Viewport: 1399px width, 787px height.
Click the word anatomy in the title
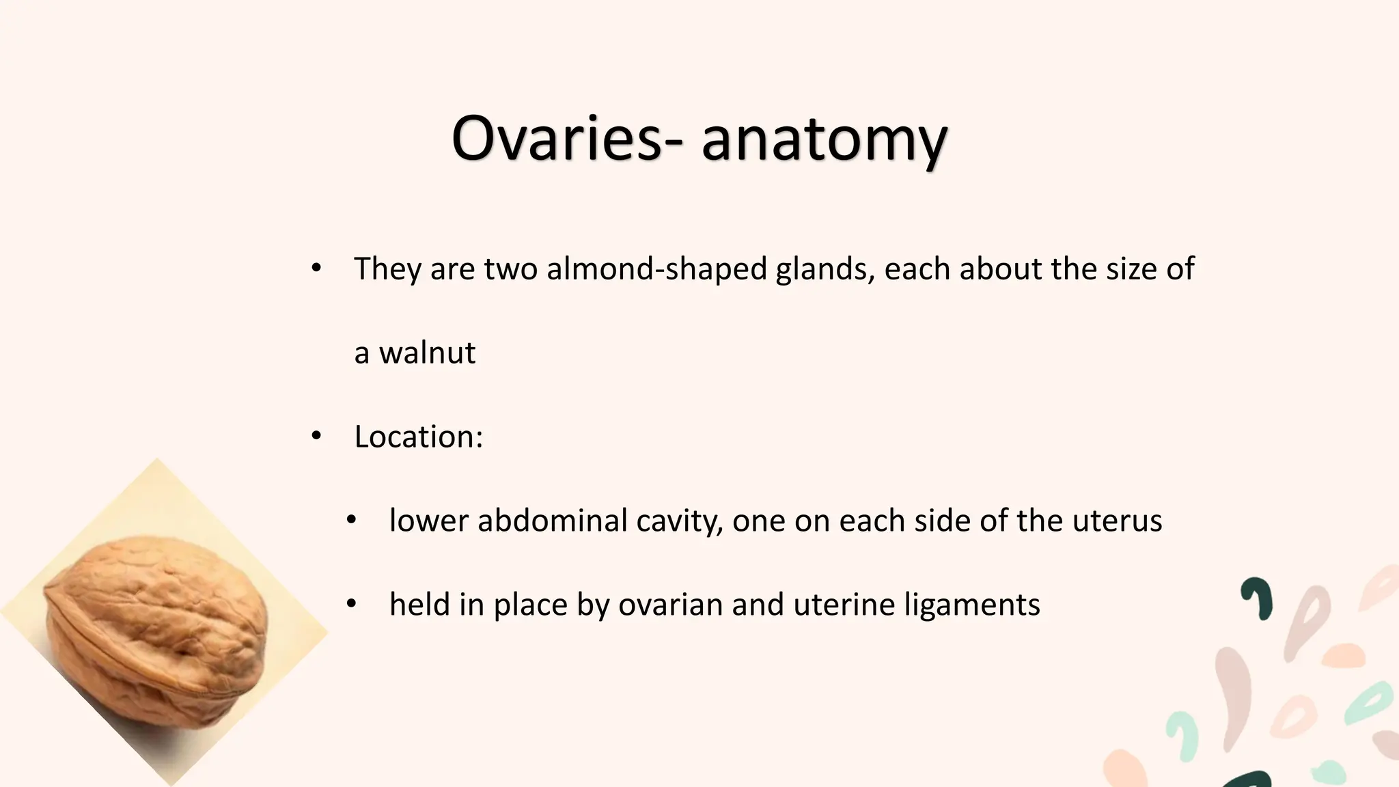pos(824,141)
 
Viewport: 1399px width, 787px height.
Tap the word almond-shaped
pos(656,268)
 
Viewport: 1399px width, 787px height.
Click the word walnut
pos(427,353)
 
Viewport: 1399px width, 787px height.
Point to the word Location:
pos(418,437)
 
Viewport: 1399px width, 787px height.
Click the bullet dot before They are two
pos(316,268)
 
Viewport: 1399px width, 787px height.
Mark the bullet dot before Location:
pos(316,436)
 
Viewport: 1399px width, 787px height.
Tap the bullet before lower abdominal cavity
pos(351,520)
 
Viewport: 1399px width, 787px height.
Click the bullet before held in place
pos(351,604)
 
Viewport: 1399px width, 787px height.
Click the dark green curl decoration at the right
pos(1258,597)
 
